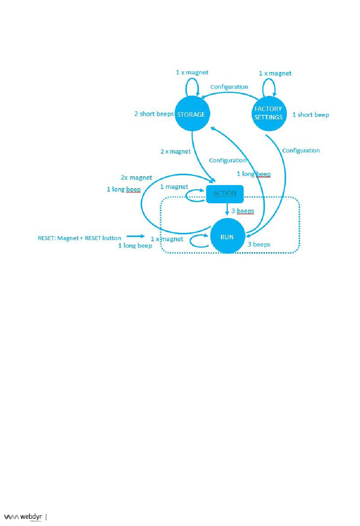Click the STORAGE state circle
coord(192,114)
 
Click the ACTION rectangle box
coord(225,194)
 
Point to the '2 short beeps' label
coord(154,114)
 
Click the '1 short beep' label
coord(310,115)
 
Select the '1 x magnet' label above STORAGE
coord(192,72)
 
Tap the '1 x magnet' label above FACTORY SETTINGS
coord(275,73)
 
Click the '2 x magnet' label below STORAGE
coord(175,151)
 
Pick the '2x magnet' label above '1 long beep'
coord(136,177)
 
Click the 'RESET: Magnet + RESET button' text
coord(80,238)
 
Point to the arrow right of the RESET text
coord(135,236)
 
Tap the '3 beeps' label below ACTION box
coord(243,211)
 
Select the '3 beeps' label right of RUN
coord(259,244)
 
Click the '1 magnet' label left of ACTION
coord(174,187)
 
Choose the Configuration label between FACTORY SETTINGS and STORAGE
coord(229,87)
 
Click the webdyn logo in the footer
coord(23,517)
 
